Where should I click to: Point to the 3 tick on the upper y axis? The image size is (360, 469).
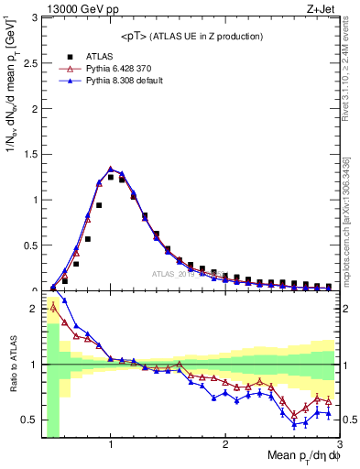tap(35, 17)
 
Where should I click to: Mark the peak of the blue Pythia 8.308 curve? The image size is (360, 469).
tap(111, 169)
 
